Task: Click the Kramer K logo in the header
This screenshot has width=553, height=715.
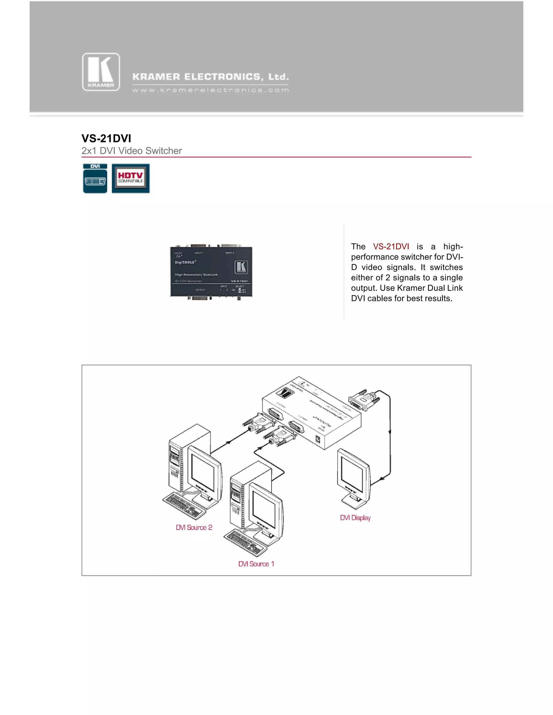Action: tap(101, 72)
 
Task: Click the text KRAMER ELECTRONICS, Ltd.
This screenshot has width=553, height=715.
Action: tap(210, 77)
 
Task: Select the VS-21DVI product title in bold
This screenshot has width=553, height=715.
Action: tap(106, 138)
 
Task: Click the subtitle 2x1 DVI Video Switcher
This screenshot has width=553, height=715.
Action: tap(131, 151)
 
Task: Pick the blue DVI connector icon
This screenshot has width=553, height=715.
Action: tap(95, 178)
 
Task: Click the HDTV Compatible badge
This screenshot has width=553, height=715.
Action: tap(131, 178)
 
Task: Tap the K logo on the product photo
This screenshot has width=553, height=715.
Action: tap(241, 267)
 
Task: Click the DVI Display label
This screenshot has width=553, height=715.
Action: tap(355, 517)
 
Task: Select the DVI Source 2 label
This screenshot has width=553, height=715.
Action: tap(194, 527)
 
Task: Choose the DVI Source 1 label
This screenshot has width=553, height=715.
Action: tap(256, 564)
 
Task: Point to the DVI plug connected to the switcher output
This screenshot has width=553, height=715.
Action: tap(364, 400)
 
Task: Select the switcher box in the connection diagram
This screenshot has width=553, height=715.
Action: tap(311, 414)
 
